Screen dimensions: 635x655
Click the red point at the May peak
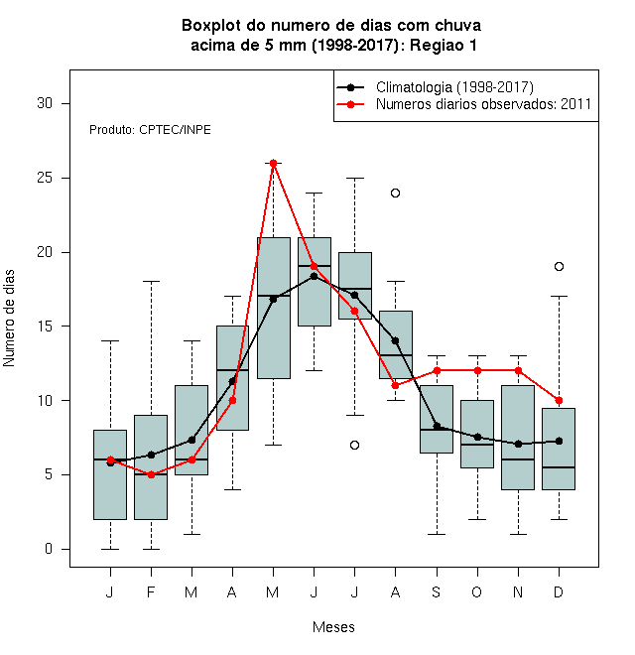pos(273,163)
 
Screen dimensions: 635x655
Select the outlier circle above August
pos(395,193)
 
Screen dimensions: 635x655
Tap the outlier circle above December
pos(559,267)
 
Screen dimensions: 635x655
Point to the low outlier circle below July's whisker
pos(354,445)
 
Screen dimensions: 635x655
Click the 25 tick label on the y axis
pos(45,178)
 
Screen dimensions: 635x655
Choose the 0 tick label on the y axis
pos(49,549)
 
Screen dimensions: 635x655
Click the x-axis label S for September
pos(437,591)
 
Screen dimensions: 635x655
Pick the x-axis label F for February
pos(151,591)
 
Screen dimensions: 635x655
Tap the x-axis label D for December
pos(559,591)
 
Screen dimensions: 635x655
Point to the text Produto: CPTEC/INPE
pos(150,130)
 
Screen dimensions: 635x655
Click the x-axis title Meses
pos(333,627)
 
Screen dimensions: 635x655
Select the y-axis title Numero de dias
pos(9,319)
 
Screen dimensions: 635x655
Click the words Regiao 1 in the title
pos(444,45)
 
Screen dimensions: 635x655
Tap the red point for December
pos(559,400)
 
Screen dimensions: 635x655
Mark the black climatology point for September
pos(437,426)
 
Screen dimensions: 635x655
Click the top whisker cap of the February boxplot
pos(151,282)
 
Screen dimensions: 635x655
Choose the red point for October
pos(477,370)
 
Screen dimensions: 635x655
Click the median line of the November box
pos(518,459)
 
